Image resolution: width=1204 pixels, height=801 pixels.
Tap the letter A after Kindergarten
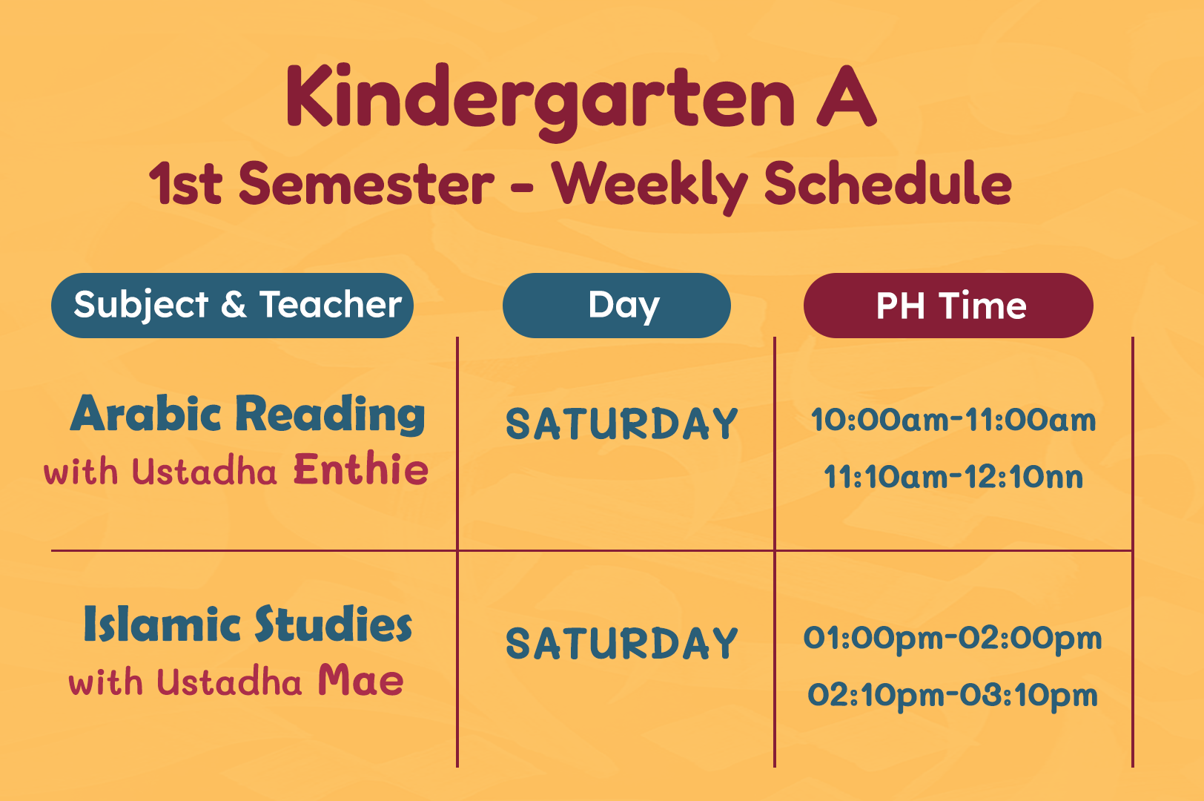(x=847, y=96)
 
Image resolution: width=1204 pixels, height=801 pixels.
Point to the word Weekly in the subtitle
(x=650, y=187)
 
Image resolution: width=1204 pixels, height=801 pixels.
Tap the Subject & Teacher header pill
(x=232, y=306)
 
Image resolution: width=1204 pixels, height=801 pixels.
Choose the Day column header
(x=617, y=306)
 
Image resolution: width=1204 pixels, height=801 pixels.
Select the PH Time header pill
(x=948, y=306)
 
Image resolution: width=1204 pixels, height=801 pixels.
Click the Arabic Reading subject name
(x=248, y=415)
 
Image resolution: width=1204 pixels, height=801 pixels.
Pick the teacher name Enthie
(x=360, y=469)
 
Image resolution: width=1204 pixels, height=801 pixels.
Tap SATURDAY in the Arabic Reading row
(x=622, y=423)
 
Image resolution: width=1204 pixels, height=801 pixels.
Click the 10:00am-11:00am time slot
(x=953, y=419)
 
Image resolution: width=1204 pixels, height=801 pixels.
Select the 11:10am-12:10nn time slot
(x=953, y=476)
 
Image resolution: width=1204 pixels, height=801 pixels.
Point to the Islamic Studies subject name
(x=248, y=624)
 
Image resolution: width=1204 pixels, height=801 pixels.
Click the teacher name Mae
(x=360, y=680)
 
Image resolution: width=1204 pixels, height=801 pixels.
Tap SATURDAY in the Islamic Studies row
(x=622, y=644)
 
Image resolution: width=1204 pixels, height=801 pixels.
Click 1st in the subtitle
(x=185, y=184)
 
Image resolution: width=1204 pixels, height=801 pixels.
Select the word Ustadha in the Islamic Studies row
(x=229, y=682)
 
